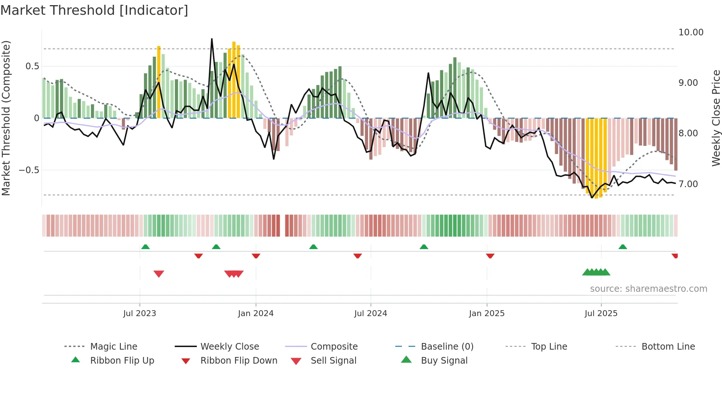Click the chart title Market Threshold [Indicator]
pyautogui.click(x=94, y=10)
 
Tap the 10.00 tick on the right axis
pyautogui.click(x=691, y=32)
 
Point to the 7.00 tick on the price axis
pyautogui.click(x=688, y=184)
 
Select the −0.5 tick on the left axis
pyautogui.click(x=29, y=170)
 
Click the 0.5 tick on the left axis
pyautogui.click(x=32, y=66)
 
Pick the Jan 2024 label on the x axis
pyautogui.click(x=256, y=314)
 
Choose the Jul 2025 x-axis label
pyautogui.click(x=601, y=314)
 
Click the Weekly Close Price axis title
pyautogui.click(x=716, y=118)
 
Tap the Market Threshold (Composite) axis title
pyautogui.click(x=6, y=118)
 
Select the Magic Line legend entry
pyautogui.click(x=113, y=347)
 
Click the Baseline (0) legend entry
pyautogui.click(x=447, y=347)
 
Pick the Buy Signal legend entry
pyautogui.click(x=444, y=361)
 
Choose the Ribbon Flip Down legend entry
pyautogui.click(x=239, y=361)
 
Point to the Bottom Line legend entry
pyautogui.click(x=668, y=347)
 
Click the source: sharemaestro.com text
pyautogui.click(x=648, y=289)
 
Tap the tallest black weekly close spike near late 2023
pyautogui.click(x=212, y=39)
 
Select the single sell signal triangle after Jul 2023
pyautogui.click(x=159, y=274)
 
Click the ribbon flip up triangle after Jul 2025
pyautogui.click(x=623, y=247)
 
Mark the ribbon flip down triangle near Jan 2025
pyautogui.click(x=490, y=256)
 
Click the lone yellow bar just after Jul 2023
pyautogui.click(x=159, y=82)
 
